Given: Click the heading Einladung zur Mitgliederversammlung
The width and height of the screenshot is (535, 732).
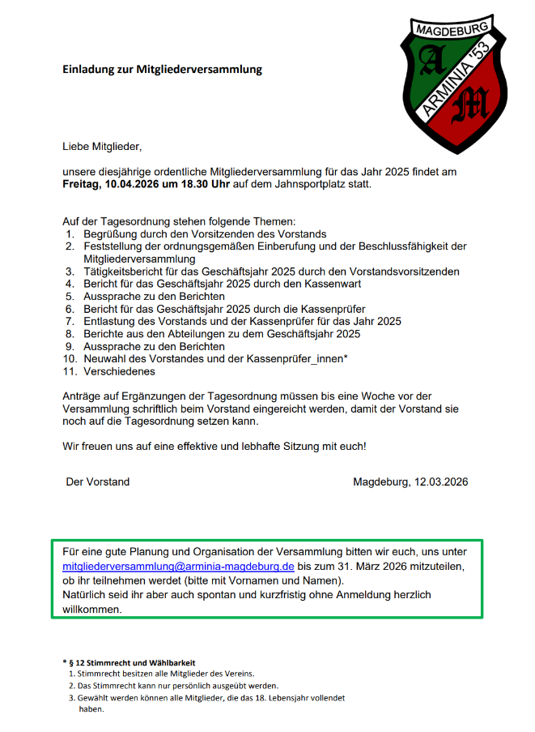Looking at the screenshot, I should (162, 70).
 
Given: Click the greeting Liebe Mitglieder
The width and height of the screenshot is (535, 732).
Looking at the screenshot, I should (102, 147).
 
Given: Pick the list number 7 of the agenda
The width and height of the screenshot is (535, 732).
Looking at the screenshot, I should (70, 321).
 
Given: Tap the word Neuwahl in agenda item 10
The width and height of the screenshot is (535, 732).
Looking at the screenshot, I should (104, 358).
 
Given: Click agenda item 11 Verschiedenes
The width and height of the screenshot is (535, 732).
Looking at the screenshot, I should (119, 371).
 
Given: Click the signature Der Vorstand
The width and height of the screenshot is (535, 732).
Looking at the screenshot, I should (97, 482).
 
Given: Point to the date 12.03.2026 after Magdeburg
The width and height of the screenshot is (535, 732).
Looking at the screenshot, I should (441, 482).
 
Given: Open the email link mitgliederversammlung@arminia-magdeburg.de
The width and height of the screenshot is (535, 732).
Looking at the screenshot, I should (178, 567).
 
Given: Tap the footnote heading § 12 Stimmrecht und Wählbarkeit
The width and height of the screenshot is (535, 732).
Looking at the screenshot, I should (131, 662).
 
